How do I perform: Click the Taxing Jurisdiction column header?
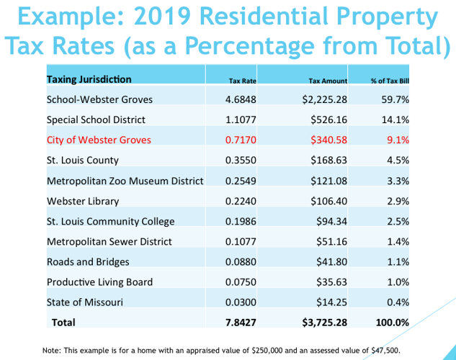click(89, 78)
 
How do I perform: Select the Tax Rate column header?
click(238, 81)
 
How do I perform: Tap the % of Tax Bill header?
click(390, 81)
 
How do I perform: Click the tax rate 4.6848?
click(238, 99)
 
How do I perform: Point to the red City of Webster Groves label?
click(99, 140)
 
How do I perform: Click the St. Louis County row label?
click(82, 160)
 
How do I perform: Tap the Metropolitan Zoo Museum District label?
click(125, 181)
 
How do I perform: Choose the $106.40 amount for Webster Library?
click(329, 201)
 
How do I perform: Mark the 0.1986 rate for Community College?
click(238, 221)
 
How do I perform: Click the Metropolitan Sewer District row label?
click(109, 241)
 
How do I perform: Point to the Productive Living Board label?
click(99, 282)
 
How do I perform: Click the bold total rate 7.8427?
click(238, 323)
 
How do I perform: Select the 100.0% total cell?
click(393, 323)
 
